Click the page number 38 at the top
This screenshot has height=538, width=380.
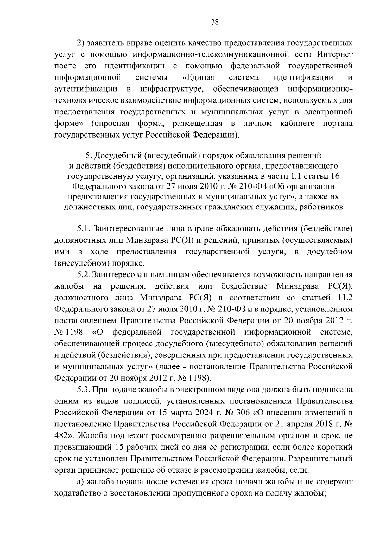[215, 22]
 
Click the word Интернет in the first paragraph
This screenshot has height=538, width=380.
[334, 54]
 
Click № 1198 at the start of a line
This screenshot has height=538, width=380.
[69, 332]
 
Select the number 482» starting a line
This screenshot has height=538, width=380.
[64, 436]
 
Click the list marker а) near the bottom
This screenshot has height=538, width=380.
[80, 482]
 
